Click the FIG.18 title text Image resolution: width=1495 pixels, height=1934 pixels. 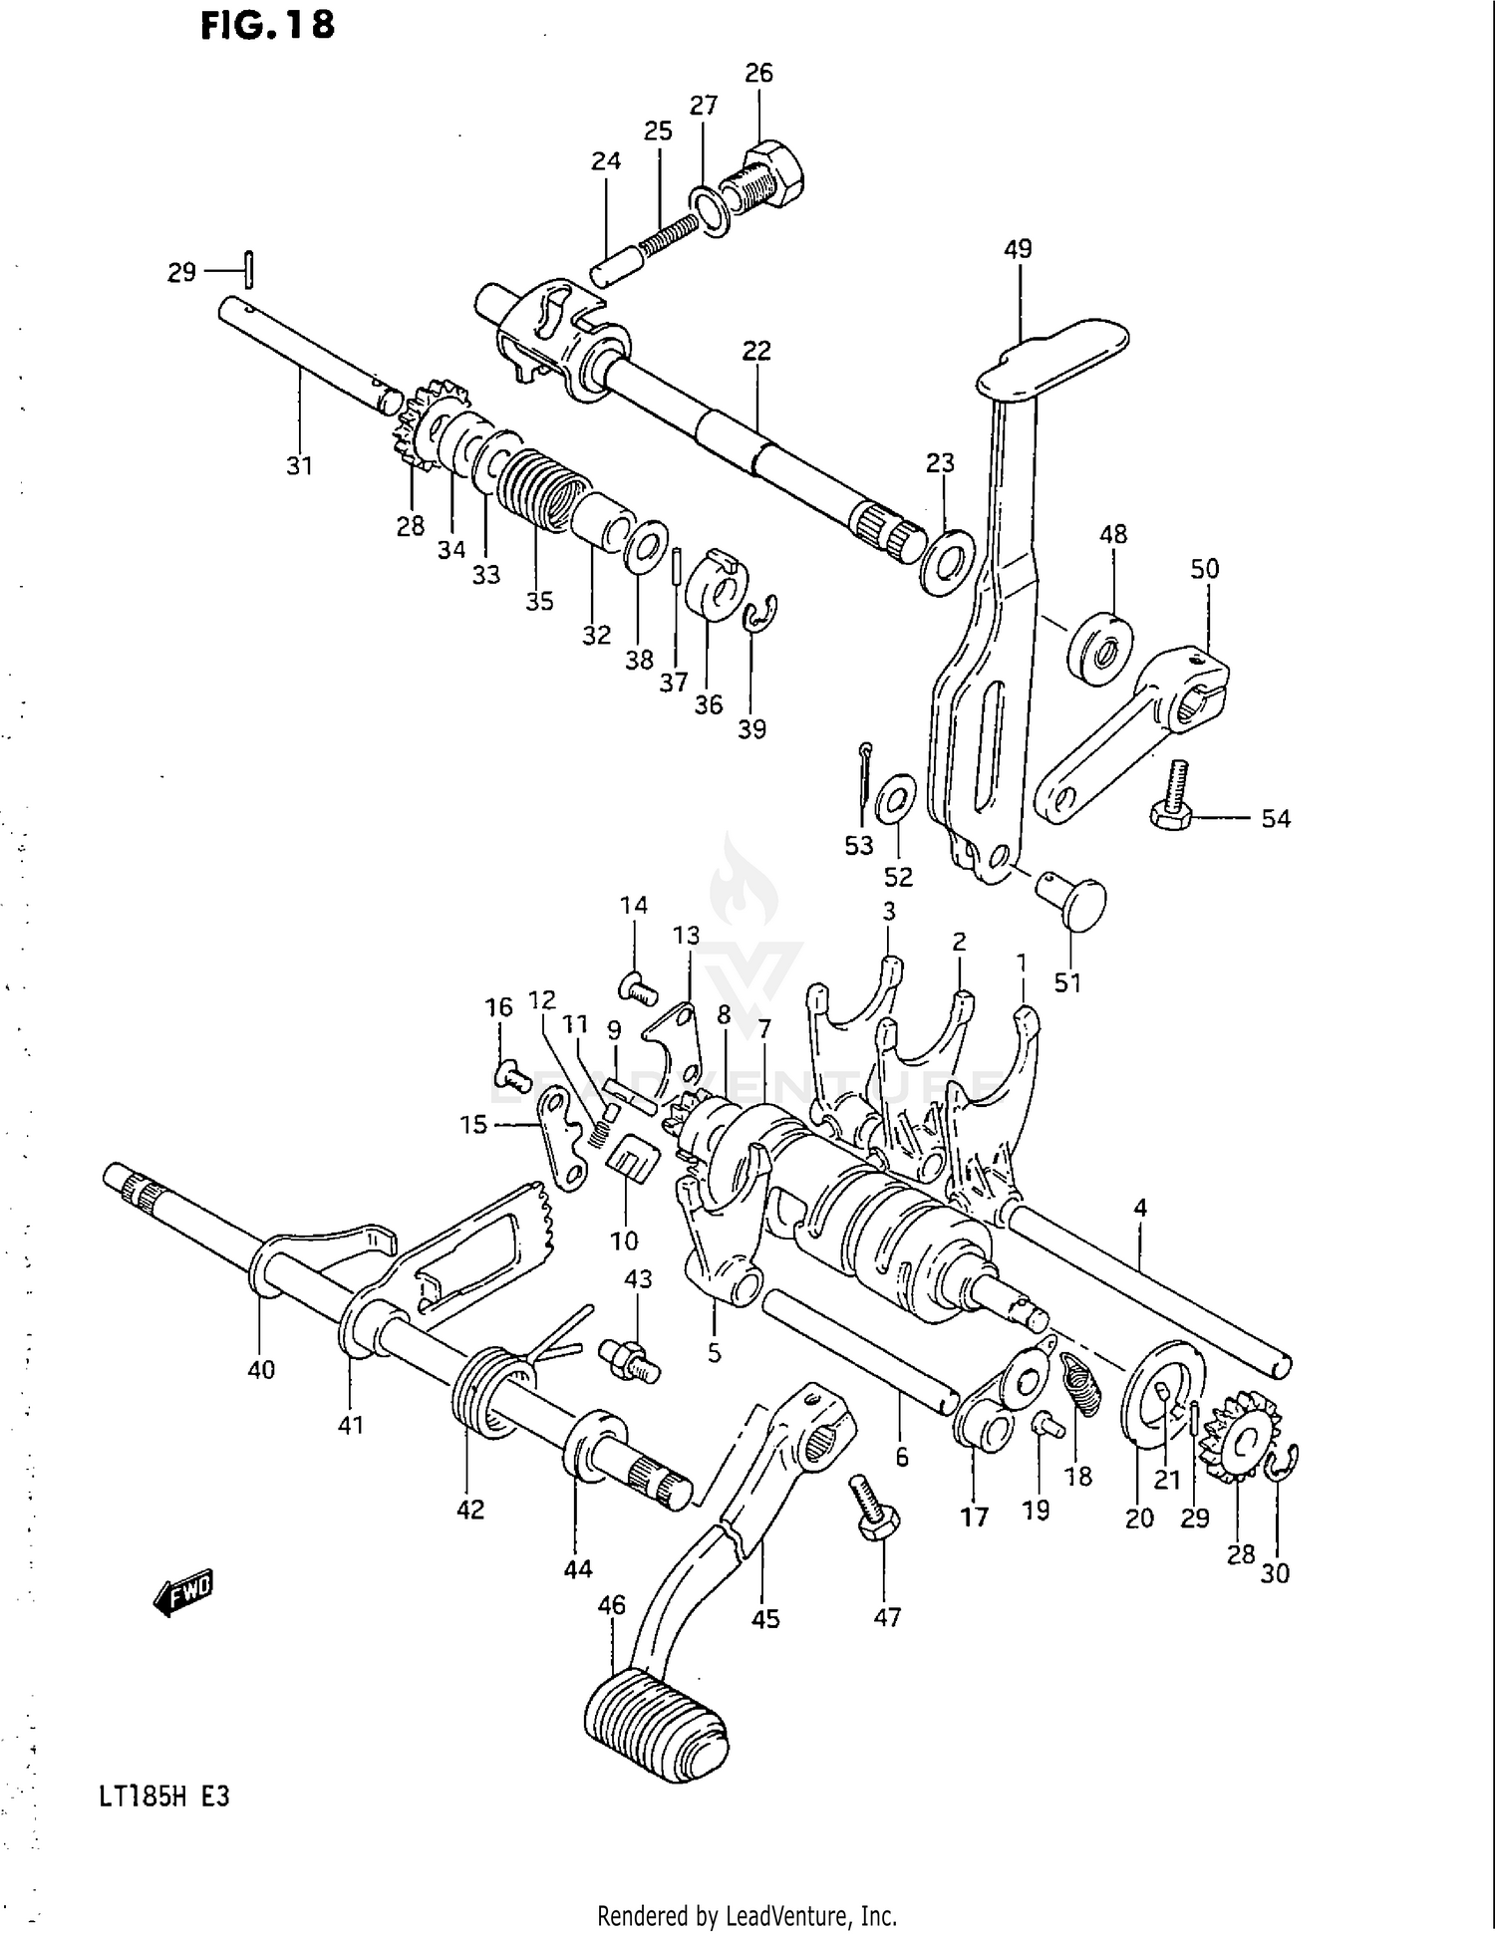click(267, 25)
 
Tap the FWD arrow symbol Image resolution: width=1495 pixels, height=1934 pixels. click(184, 1592)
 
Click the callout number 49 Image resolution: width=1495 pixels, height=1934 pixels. click(1018, 249)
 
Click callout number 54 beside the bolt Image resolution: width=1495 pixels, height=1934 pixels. click(1276, 819)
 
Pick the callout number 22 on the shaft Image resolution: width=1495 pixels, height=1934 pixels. click(756, 351)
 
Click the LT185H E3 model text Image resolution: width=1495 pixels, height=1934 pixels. click(164, 1797)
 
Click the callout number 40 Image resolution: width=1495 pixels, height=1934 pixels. click(261, 1370)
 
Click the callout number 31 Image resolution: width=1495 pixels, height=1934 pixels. click(300, 465)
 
